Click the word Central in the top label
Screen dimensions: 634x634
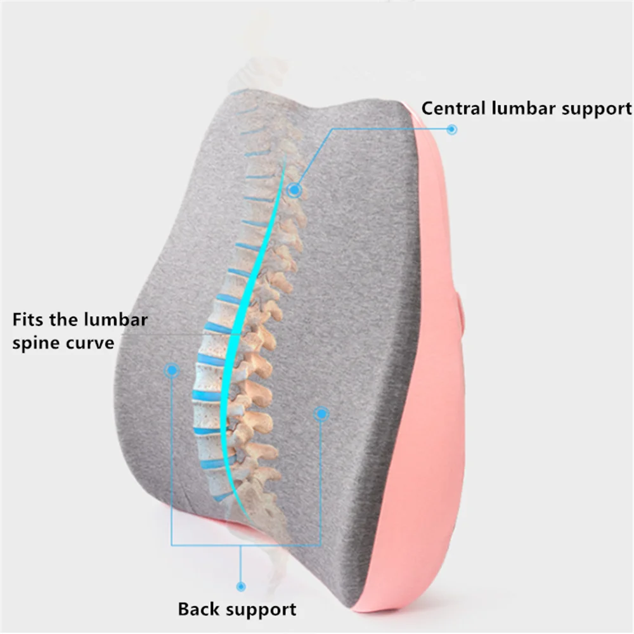click(x=453, y=108)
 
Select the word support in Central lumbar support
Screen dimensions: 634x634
click(x=597, y=109)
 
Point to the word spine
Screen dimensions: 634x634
click(x=37, y=344)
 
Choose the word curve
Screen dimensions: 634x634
click(x=91, y=344)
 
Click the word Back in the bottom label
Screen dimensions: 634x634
click(x=198, y=610)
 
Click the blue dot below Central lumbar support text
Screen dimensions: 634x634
click(x=451, y=129)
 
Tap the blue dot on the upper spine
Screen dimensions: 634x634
click(x=293, y=189)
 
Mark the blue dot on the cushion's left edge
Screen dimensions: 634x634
click(x=171, y=370)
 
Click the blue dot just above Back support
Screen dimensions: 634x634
click(x=240, y=587)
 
